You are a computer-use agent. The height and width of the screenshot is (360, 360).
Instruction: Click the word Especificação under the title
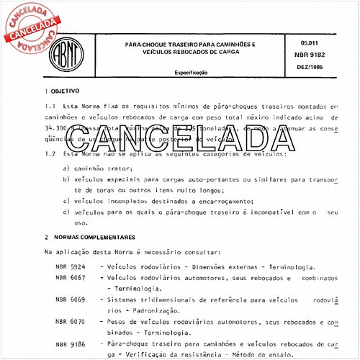click(x=191, y=73)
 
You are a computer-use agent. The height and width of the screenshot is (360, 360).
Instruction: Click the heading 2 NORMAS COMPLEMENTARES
click(x=89, y=237)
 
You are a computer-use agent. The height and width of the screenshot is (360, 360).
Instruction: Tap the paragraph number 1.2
click(x=50, y=154)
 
